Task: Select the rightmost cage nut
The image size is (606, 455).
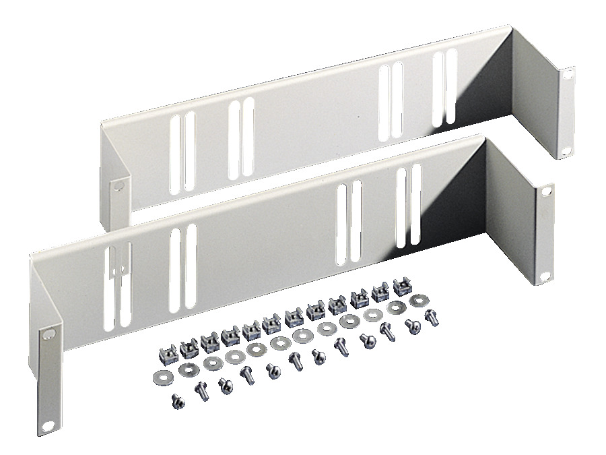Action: click(x=402, y=288)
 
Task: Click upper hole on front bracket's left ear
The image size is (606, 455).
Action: click(x=48, y=334)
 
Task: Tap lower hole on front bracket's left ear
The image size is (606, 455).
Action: click(x=49, y=425)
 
